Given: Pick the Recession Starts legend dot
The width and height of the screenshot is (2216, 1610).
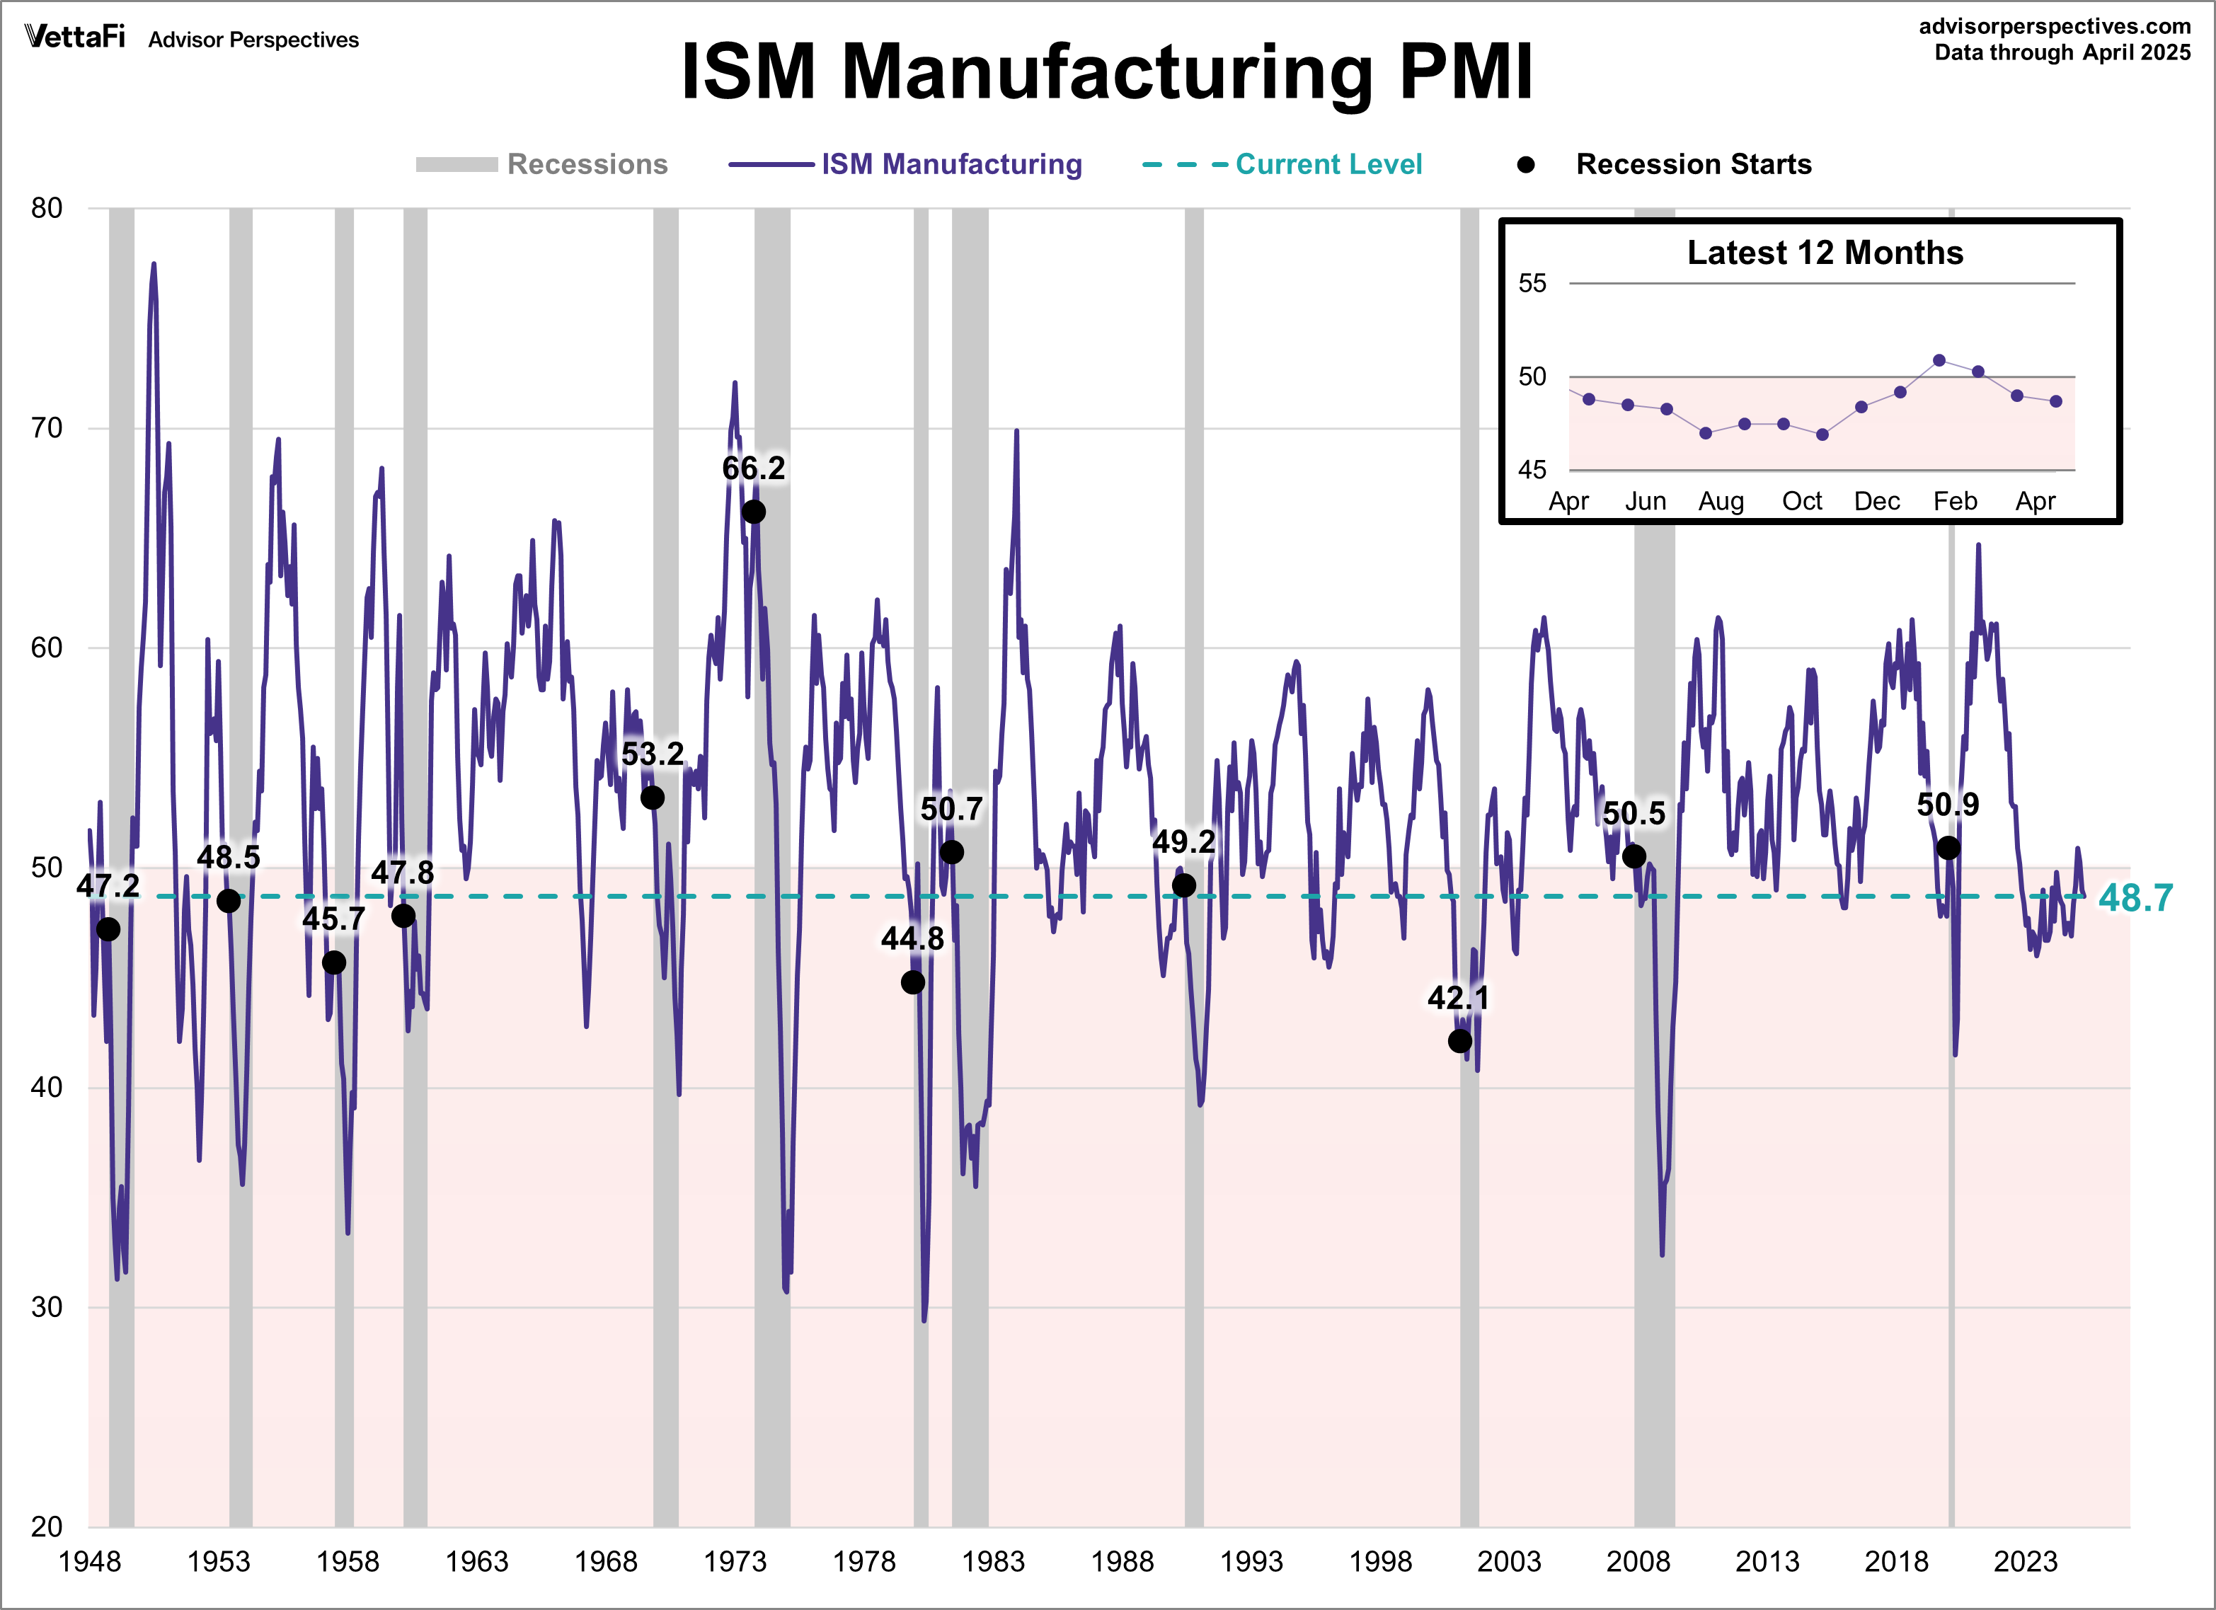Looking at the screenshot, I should (x=1525, y=164).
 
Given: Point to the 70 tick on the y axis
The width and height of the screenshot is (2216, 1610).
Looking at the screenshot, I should (x=46, y=428).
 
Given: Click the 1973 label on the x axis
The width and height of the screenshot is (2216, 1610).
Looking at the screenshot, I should (x=735, y=1561).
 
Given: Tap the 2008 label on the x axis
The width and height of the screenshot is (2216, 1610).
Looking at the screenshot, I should (x=1638, y=1561).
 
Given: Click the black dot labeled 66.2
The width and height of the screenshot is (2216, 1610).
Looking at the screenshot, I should (x=753, y=512).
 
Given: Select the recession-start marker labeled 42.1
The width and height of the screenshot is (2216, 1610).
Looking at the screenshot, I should (x=1459, y=1042).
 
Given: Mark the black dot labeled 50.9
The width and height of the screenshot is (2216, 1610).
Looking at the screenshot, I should (x=1948, y=848).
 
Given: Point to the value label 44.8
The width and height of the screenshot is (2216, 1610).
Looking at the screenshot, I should (x=912, y=939).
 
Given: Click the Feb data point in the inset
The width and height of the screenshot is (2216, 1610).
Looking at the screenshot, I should (x=1939, y=360).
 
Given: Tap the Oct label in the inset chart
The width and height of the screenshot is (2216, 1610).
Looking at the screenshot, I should (x=1802, y=501).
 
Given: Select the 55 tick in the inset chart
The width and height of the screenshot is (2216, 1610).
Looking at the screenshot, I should (x=1532, y=283).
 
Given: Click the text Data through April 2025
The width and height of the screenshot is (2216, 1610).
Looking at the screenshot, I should (x=2062, y=53).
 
